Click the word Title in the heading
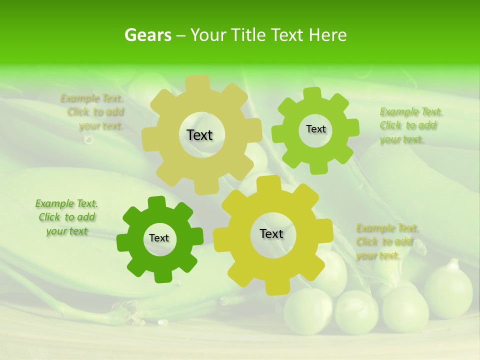(x=250, y=35)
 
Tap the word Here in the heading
(x=327, y=35)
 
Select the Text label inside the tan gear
(x=199, y=135)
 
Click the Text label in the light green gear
(x=315, y=129)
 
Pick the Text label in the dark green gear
(x=159, y=238)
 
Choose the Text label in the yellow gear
(x=271, y=233)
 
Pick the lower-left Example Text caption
(x=66, y=217)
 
